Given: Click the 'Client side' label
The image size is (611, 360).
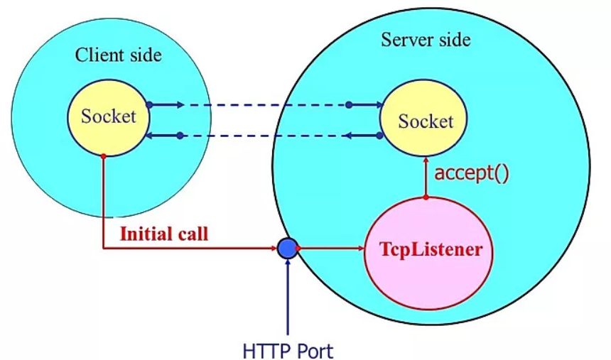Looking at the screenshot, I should pyautogui.click(x=119, y=55).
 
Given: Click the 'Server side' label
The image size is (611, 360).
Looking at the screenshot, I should pyautogui.click(x=426, y=39).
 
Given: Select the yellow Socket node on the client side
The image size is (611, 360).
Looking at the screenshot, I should pyautogui.click(x=107, y=117).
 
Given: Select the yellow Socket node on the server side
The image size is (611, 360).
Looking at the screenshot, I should pyautogui.click(x=425, y=121).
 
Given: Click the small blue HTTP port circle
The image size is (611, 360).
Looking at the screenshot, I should pyautogui.click(x=287, y=248).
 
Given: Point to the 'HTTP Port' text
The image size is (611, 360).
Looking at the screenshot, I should pyautogui.click(x=288, y=349).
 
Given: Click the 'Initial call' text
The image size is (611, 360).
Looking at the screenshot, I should pyautogui.click(x=164, y=234).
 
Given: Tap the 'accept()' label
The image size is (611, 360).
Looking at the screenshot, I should pyautogui.click(x=472, y=173).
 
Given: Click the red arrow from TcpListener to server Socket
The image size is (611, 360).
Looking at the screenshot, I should pyautogui.click(x=426, y=178).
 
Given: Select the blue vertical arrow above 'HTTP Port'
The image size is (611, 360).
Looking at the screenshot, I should pyautogui.click(x=287, y=298).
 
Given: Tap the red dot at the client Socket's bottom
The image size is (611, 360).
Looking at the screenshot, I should pyautogui.click(x=104, y=156).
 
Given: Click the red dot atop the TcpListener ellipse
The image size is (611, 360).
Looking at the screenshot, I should pyautogui.click(x=426, y=197).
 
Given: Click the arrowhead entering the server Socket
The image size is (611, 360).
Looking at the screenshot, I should pyautogui.click(x=377, y=105).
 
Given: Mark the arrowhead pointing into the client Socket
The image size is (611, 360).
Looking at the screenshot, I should pyautogui.click(x=150, y=135).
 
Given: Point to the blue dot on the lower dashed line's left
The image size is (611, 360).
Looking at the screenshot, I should pyautogui.click(x=180, y=135).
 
